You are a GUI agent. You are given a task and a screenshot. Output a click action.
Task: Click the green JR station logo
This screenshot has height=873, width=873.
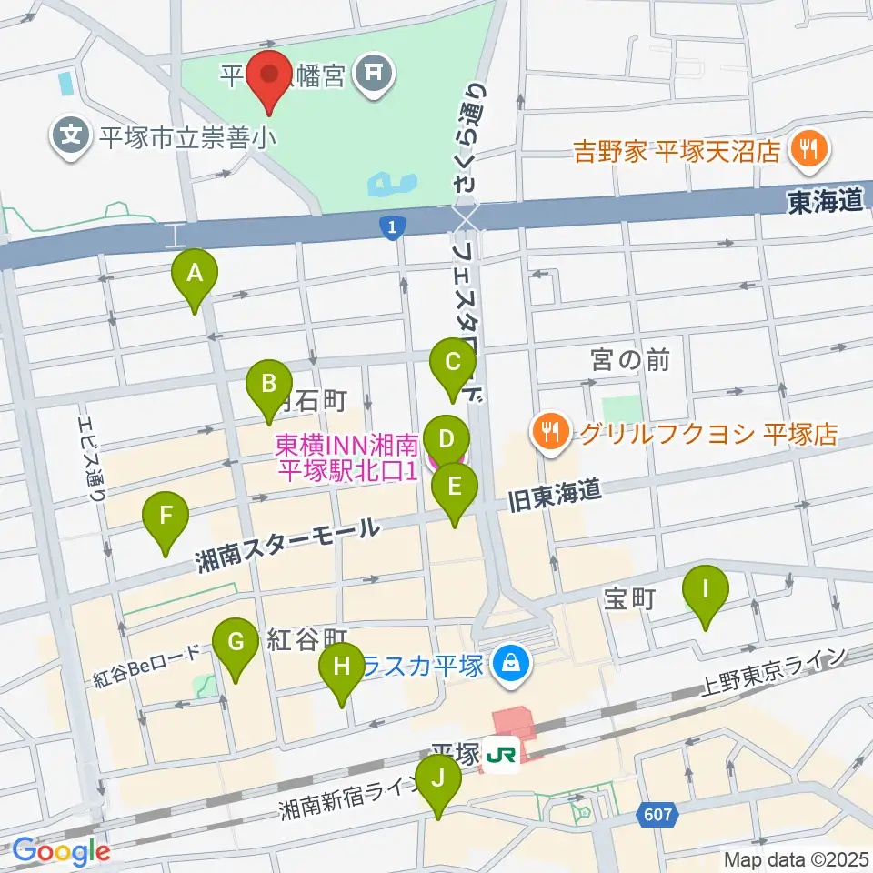pyautogui.click(x=500, y=756)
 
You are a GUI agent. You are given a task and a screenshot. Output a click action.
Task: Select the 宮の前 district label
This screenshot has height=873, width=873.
pyautogui.click(x=629, y=360)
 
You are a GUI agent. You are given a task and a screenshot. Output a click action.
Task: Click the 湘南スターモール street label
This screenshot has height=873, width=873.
pyautogui.click(x=287, y=546)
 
